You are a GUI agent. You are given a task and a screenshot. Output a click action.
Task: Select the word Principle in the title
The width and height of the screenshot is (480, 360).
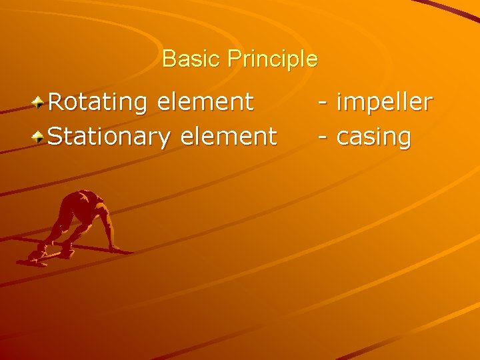point(272,59)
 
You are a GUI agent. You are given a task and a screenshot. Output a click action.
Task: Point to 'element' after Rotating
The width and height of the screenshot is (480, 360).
point(205,102)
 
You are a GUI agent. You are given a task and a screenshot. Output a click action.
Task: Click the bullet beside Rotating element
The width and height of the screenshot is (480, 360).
point(40,103)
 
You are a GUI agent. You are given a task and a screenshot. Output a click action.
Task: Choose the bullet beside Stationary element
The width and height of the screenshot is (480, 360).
point(40,137)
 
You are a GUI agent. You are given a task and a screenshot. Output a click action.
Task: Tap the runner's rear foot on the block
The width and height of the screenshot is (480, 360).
point(34,257)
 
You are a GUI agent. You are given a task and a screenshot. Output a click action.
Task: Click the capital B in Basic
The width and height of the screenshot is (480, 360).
point(168,59)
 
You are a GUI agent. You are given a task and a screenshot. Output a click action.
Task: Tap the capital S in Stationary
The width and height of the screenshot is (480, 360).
point(57,137)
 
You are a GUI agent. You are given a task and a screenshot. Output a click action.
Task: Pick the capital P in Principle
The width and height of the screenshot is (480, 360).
point(233,59)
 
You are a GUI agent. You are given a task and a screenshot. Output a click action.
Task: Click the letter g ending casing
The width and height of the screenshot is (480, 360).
point(403,140)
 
